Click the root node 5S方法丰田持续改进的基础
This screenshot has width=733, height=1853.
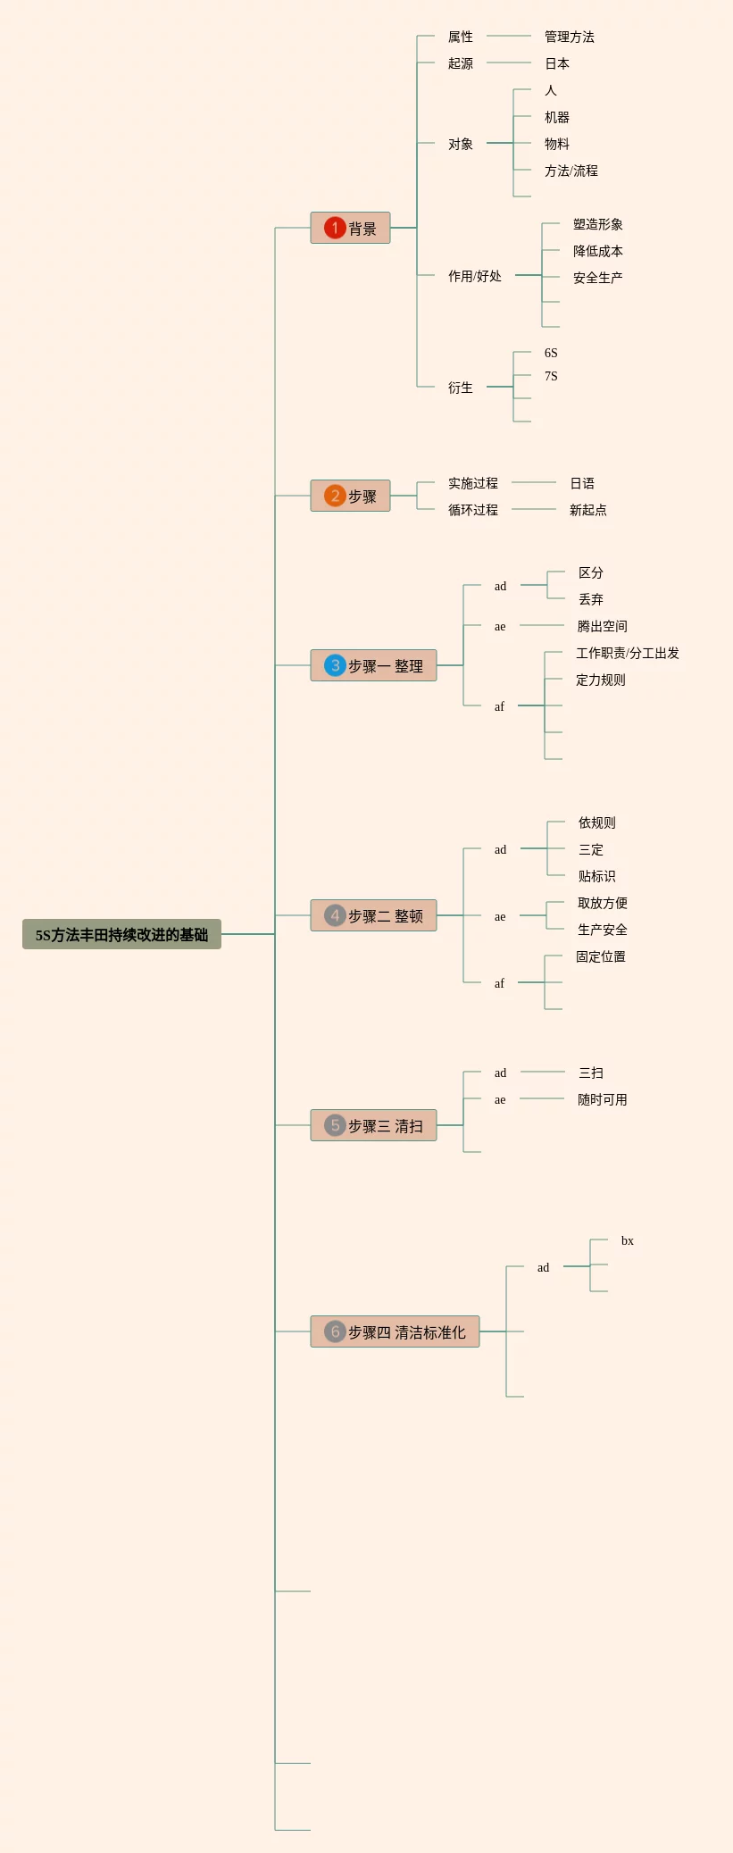tap(121, 934)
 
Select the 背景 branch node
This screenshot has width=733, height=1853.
tap(350, 228)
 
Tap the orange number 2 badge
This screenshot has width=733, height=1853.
tap(335, 496)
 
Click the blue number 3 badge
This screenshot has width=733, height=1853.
tap(335, 665)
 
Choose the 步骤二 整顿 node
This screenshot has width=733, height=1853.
tap(373, 915)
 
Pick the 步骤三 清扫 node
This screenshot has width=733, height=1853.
tap(373, 1125)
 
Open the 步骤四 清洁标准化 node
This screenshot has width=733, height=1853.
tap(395, 1331)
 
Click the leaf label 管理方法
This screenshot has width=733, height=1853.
tap(570, 37)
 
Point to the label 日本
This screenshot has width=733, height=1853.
tap(557, 63)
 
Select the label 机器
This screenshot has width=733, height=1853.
tap(557, 117)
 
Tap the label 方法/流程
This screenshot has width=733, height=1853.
tap(571, 171)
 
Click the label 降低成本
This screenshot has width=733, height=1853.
tap(598, 251)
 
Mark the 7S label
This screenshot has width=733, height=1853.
tap(551, 376)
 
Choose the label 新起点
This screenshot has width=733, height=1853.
tap(588, 510)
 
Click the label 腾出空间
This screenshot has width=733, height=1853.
tap(603, 626)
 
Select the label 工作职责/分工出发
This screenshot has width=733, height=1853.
tap(628, 653)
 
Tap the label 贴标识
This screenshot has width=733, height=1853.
tap(597, 876)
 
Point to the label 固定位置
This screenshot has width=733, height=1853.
tap(601, 956)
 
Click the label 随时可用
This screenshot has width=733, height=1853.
tap(603, 1099)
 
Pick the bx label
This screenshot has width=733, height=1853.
tap(628, 1240)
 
